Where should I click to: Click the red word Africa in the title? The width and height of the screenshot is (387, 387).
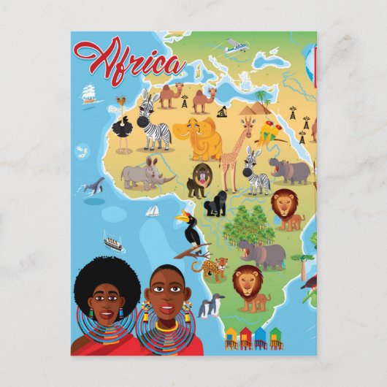[x=129, y=60]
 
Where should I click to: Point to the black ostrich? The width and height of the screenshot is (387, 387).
[x=122, y=131]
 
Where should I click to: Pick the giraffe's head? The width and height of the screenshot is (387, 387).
[x=248, y=132]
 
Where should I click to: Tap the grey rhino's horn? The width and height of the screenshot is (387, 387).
[x=171, y=177]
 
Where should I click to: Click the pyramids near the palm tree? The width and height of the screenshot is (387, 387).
[x=252, y=109]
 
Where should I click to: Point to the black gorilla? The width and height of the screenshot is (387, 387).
[x=215, y=204]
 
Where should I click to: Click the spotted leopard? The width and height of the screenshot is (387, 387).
[x=212, y=268]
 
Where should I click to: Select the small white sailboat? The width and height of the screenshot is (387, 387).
[x=153, y=210]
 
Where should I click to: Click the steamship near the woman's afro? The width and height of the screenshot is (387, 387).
[x=112, y=242]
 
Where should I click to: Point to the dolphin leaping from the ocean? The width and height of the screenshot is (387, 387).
[x=93, y=185]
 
